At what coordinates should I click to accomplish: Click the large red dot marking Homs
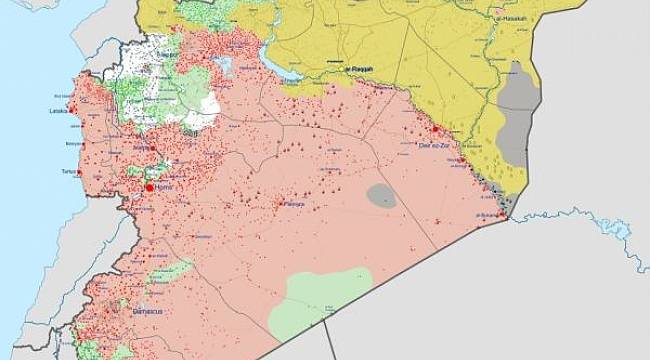point(150,187)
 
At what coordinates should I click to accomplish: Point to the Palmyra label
point(291,204)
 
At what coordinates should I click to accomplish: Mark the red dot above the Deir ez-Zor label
point(436,130)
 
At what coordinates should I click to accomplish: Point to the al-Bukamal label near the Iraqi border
point(485,214)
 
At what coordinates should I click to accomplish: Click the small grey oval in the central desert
point(381,195)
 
